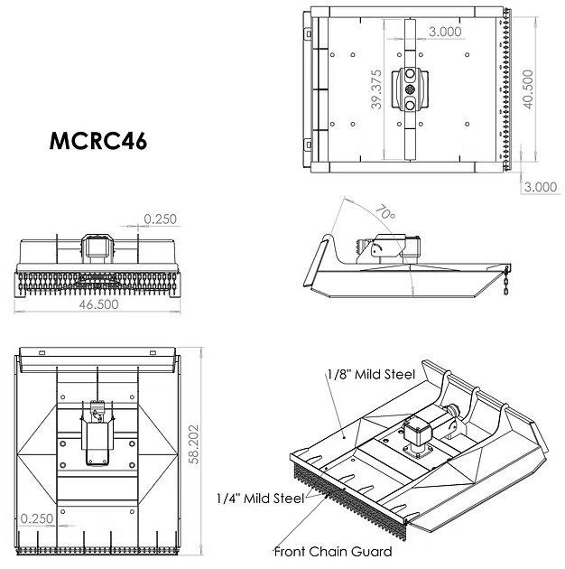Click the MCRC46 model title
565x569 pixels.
(97, 140)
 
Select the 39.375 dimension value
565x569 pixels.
(376, 89)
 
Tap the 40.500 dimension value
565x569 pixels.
(528, 89)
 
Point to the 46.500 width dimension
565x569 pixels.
(98, 304)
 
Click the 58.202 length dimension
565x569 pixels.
(194, 444)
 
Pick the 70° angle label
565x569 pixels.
(385, 212)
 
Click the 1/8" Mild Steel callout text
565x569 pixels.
(371, 374)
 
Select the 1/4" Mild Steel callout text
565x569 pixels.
(260, 499)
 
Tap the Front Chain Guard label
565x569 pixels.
(333, 552)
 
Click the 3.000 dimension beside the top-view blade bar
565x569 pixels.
(445, 32)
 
